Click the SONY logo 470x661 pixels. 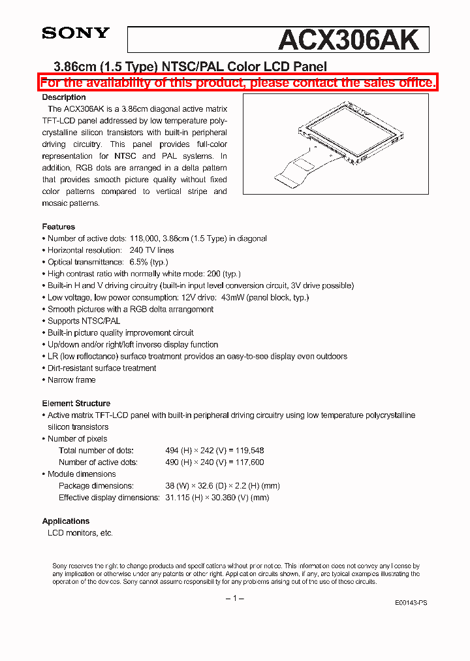76,33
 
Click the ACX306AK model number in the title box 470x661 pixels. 348,40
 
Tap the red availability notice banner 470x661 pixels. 238,82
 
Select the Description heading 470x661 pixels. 64,97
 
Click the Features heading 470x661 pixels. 59,227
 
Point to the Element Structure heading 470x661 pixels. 76,404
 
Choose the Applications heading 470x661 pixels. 66,521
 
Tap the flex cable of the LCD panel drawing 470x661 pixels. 297,166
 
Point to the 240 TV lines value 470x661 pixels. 151,250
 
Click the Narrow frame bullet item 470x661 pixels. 71,379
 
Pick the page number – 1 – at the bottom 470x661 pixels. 234,598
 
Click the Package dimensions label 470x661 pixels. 96,486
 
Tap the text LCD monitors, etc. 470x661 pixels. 80,533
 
